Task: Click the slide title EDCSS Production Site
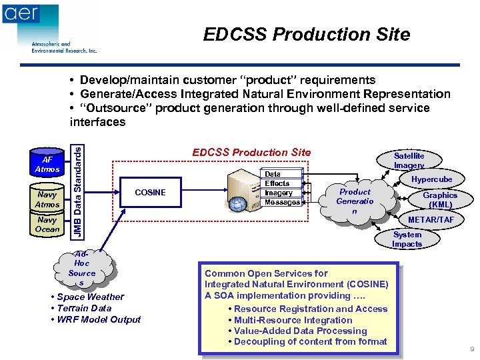tap(307, 34)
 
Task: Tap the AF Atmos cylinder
tap(47, 165)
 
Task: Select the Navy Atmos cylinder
tap(47, 199)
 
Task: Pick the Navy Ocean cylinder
tap(47, 225)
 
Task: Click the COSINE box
tap(150, 193)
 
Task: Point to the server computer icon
tap(242, 189)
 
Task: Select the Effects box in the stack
tap(278, 183)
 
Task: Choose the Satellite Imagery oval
tap(409, 160)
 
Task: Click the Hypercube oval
tap(431, 179)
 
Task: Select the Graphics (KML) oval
tap(440, 200)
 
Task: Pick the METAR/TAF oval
tap(431, 219)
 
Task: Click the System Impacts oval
tap(407, 239)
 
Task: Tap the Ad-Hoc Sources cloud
tap(81, 268)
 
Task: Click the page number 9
tap(472, 349)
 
